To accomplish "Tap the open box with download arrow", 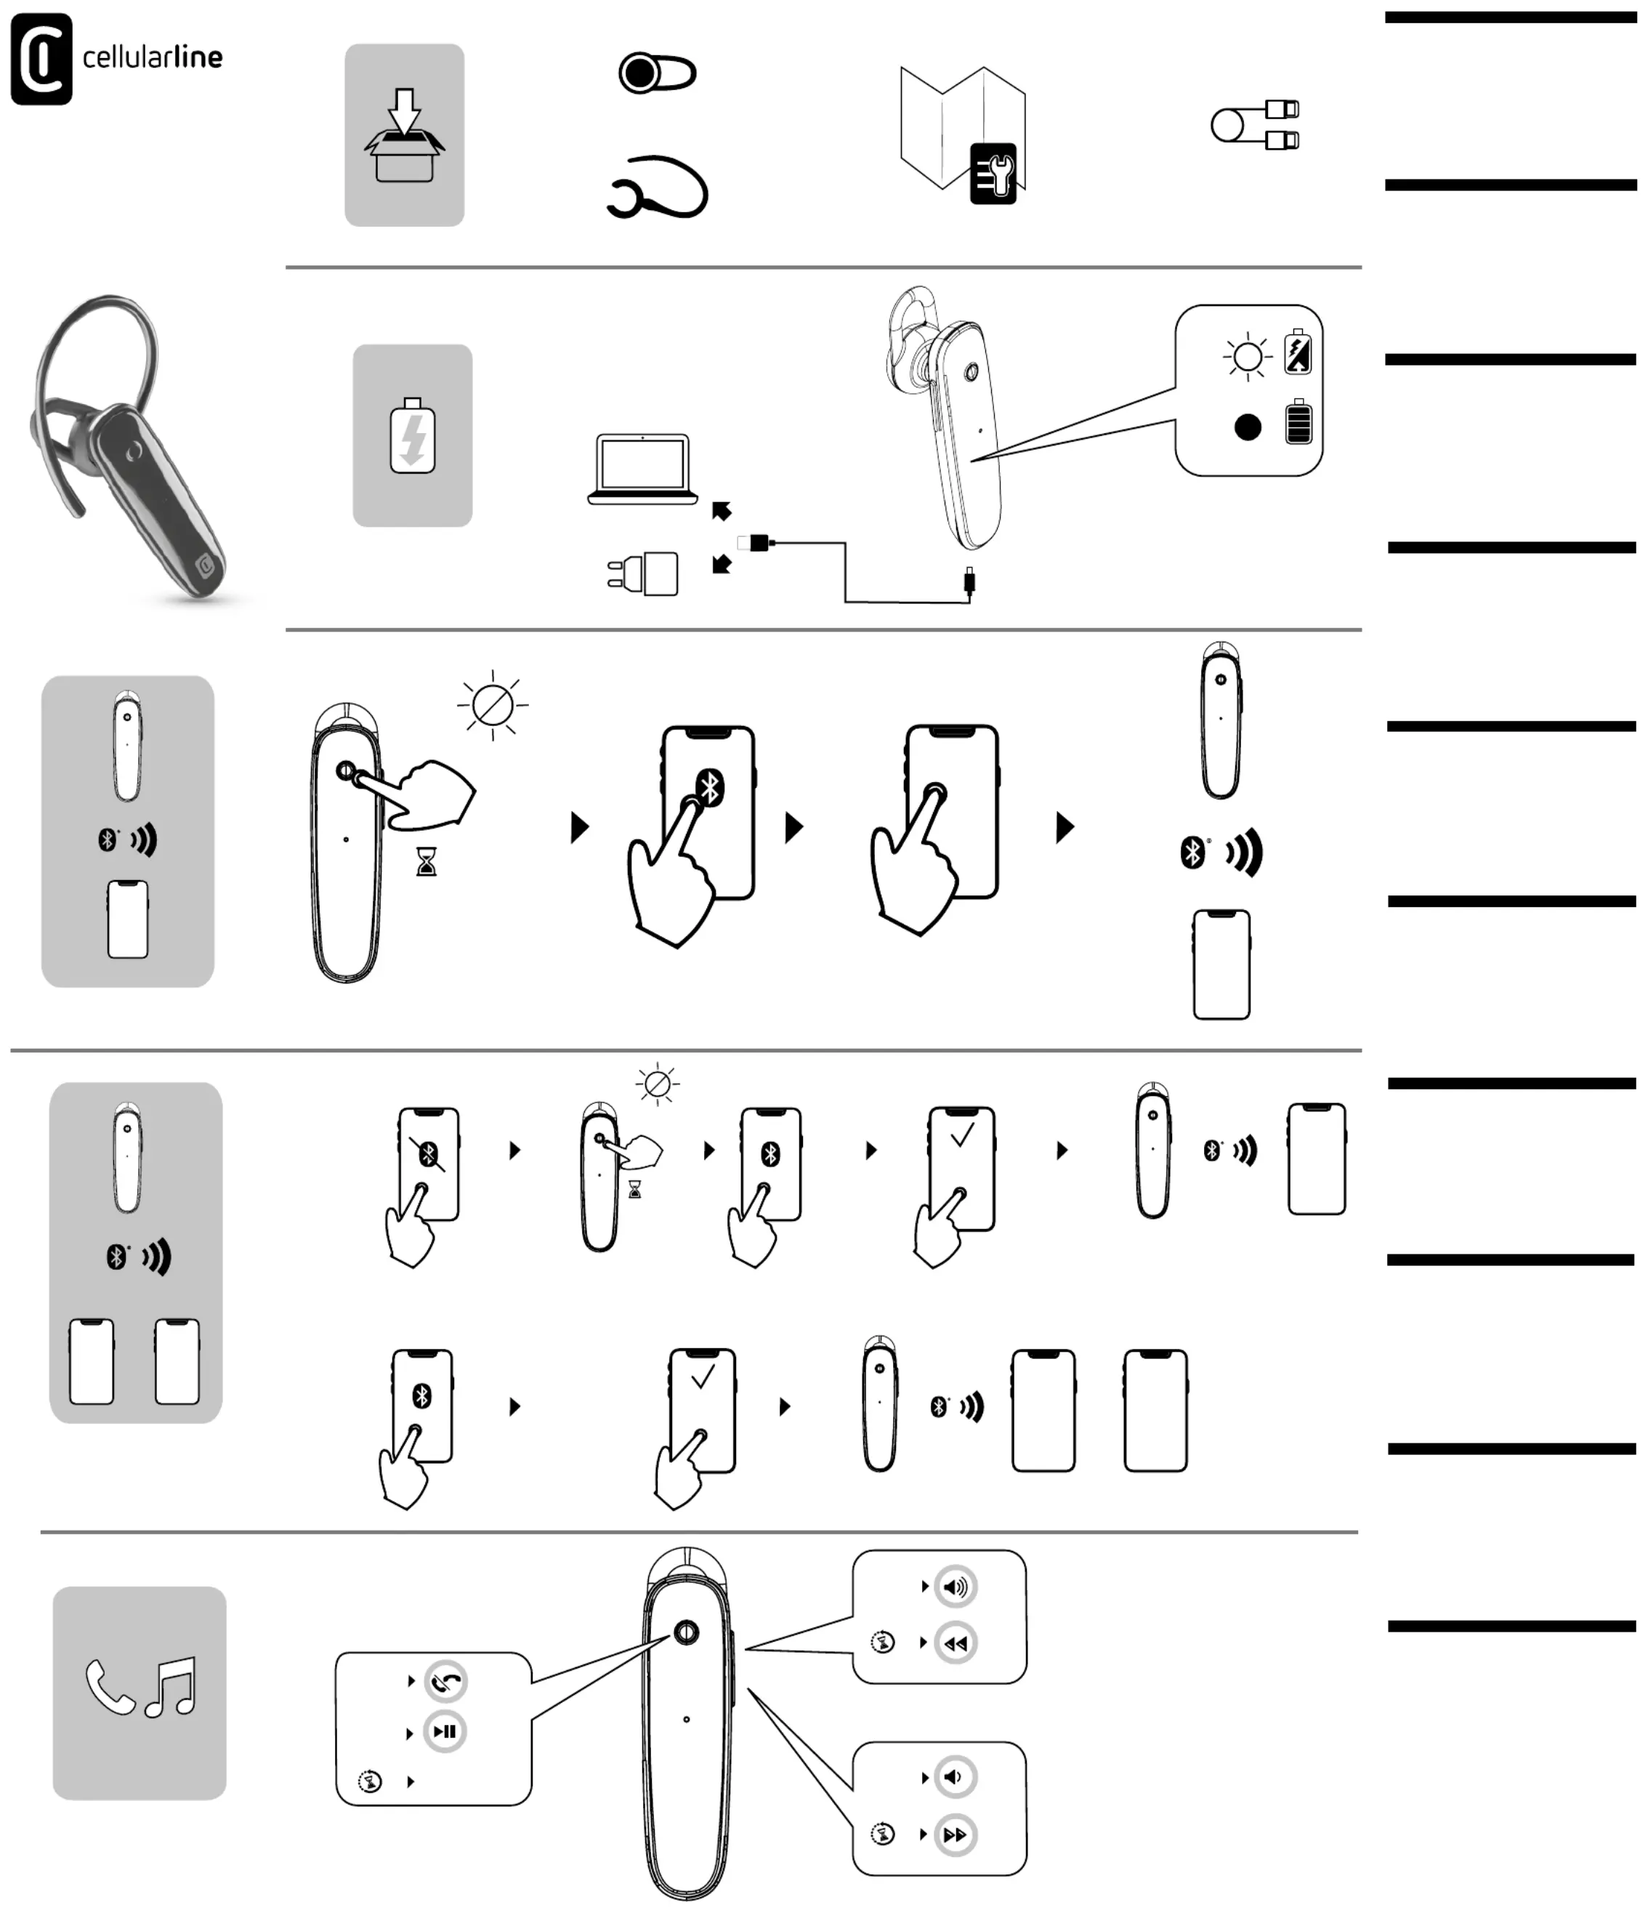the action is click(404, 135).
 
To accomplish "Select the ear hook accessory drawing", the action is click(658, 188).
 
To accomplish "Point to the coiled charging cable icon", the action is click(1255, 124).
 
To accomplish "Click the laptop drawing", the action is click(642, 469).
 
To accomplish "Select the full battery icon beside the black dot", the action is click(1298, 422).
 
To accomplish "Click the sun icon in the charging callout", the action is click(1247, 356).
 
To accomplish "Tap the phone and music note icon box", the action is click(140, 1693).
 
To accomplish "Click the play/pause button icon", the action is click(445, 1732).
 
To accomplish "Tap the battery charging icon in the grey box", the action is click(412, 436).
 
